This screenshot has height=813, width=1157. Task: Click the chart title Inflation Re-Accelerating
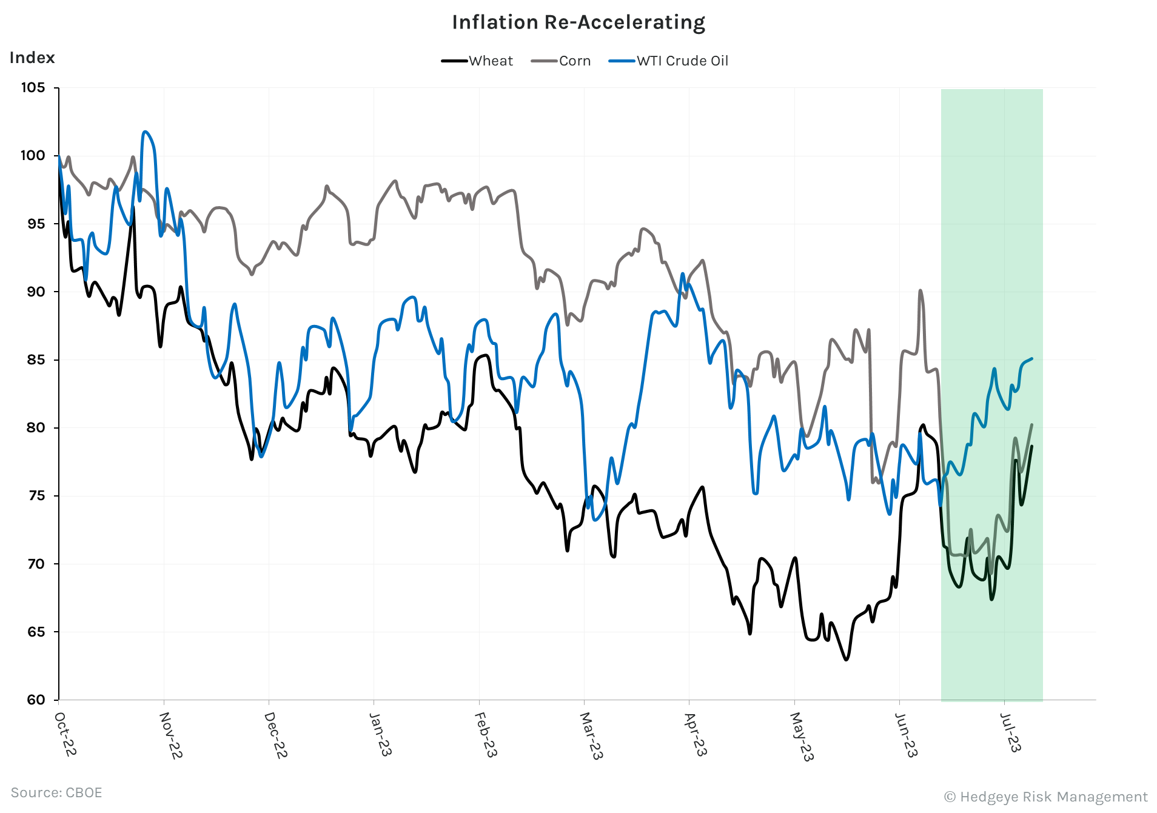coord(578,22)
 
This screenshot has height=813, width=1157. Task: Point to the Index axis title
coord(32,58)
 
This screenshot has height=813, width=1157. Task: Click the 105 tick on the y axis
coord(33,88)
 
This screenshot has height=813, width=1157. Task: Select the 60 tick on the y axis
coord(36,700)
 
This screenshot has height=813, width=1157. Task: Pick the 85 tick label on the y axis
coord(33,360)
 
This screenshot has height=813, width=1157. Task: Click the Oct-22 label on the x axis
coord(65,734)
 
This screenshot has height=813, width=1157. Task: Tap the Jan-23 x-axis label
coord(380,734)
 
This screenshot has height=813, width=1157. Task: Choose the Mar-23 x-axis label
coord(591,735)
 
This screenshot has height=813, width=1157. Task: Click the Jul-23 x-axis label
coord(1010,732)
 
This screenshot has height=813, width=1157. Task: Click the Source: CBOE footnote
coord(56,792)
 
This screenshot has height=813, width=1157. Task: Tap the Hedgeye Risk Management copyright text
coord(1046,797)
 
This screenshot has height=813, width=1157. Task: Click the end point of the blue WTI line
coord(1031,358)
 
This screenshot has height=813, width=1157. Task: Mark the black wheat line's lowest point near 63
coord(847,660)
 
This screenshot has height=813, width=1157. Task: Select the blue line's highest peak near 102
coord(145,132)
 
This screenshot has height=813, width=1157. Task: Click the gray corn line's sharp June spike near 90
coord(921,290)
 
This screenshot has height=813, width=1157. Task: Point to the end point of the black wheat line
coord(1031,446)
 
